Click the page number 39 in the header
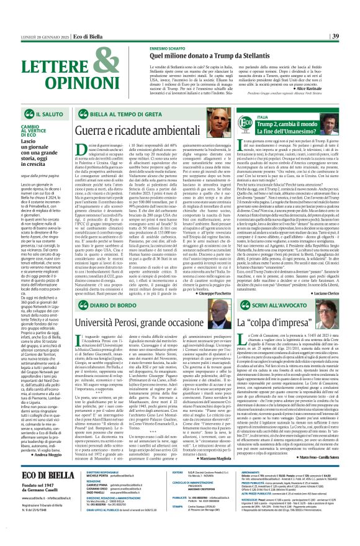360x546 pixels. pos(352,18)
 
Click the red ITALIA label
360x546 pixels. pos(263,116)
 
